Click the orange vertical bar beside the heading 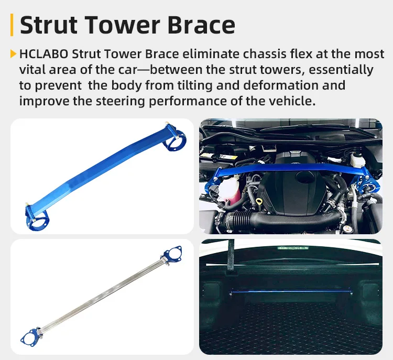tap(12, 25)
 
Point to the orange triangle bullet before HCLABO tap(13, 53)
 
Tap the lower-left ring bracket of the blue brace tap(37, 215)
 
